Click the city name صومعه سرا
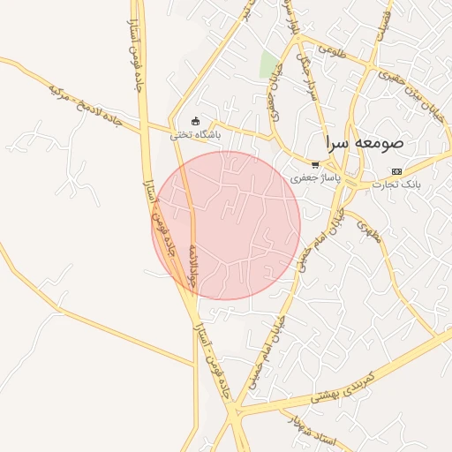(x=364, y=142)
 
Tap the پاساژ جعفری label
(x=313, y=178)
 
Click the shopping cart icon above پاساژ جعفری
(x=315, y=165)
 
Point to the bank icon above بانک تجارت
(x=396, y=171)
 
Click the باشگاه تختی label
(x=196, y=136)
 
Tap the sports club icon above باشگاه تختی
(x=196, y=122)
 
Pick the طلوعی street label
(x=322, y=49)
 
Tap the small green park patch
(x=268, y=64)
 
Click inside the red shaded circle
(x=227, y=225)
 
